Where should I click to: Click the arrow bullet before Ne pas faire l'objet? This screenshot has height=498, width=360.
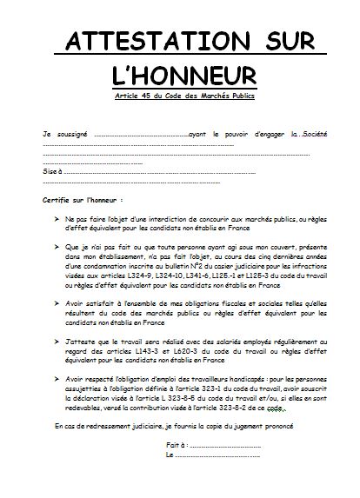[x=57, y=221]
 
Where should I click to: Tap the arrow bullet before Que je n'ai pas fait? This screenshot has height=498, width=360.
[x=57, y=246]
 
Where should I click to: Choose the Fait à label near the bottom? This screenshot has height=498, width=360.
[x=174, y=445]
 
